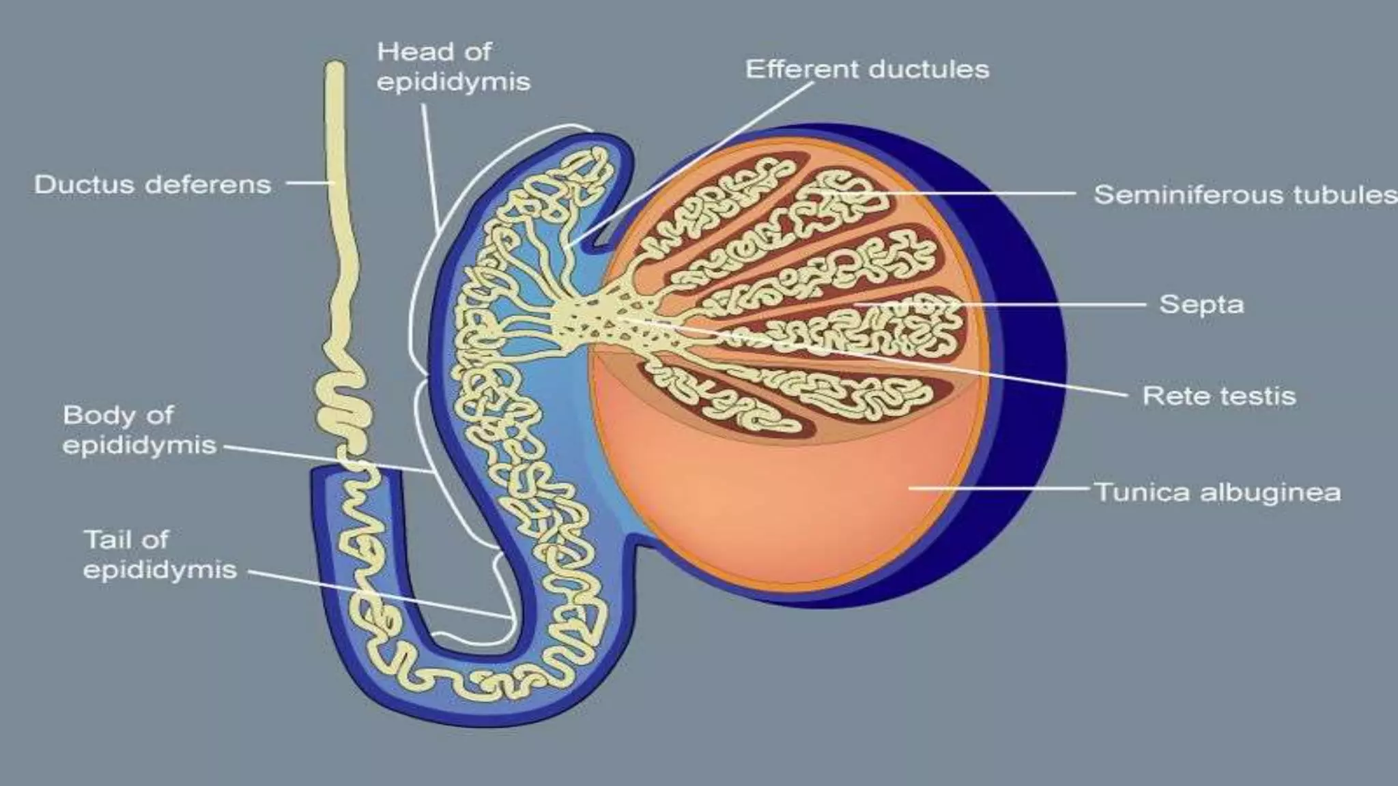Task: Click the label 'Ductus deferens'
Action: [152, 185]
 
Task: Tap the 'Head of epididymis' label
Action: [453, 67]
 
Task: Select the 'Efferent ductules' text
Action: [867, 70]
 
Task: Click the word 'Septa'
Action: [1201, 304]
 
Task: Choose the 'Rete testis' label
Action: [1219, 396]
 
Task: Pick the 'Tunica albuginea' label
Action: [1218, 492]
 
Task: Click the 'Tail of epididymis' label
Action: [159, 555]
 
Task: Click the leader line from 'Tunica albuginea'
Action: [997, 488]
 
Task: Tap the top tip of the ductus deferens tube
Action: [334, 68]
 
